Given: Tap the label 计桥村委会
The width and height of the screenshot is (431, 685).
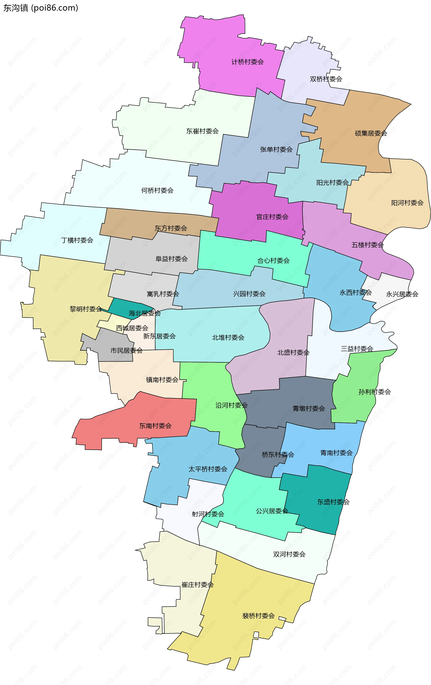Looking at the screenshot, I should pyautogui.click(x=247, y=62).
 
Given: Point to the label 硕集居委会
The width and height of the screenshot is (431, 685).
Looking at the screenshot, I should pyautogui.click(x=371, y=133).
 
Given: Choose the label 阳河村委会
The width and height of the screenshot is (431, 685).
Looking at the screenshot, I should pyautogui.click(x=407, y=203).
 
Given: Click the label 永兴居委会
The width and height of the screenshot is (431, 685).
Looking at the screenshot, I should pyautogui.click(x=402, y=294).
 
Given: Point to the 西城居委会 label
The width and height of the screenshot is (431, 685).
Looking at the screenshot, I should pyautogui.click(x=132, y=328).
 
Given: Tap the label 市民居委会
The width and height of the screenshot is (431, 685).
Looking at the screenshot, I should pyautogui.click(x=126, y=351).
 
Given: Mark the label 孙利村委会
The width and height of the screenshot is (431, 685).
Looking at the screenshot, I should pyautogui.click(x=374, y=392).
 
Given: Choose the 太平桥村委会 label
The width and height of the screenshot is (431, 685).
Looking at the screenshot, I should pyautogui.click(x=207, y=469).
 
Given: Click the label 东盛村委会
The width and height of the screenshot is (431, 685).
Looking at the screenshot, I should pyautogui.click(x=333, y=502).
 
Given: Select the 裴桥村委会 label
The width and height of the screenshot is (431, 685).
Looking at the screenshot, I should pyautogui.click(x=258, y=616).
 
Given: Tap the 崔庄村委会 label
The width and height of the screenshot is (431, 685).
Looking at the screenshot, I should pyautogui.click(x=197, y=585).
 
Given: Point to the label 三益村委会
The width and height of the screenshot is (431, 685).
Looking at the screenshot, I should pyautogui.click(x=357, y=349).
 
